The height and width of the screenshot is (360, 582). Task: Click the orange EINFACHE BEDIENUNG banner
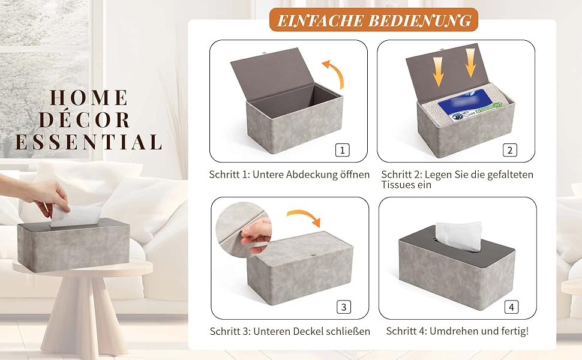373,20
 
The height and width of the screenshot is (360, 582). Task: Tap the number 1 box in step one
342,151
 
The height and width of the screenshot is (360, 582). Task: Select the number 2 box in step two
509,151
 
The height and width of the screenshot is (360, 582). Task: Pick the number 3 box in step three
344,307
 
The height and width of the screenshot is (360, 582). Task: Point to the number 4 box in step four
511,307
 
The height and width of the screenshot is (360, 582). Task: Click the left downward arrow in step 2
439,72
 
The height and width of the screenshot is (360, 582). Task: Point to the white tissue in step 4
459,236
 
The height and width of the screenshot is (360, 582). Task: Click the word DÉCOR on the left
85,120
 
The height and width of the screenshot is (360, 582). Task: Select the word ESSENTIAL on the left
88,142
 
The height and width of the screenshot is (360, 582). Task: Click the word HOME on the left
89,98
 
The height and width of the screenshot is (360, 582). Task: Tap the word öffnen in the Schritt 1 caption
355,175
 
